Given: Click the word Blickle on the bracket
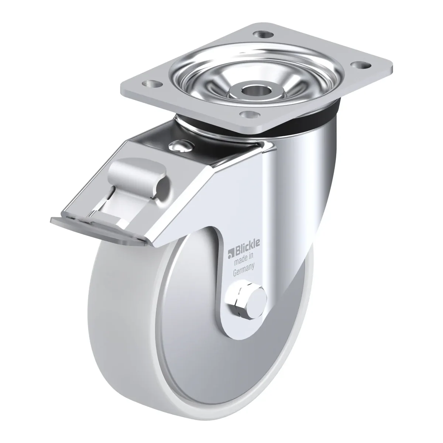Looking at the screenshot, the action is click(247, 250).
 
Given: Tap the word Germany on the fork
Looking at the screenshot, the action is click(244, 270).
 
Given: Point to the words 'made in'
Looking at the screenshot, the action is click(243, 260).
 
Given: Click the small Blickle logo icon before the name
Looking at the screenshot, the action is click(231, 254).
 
